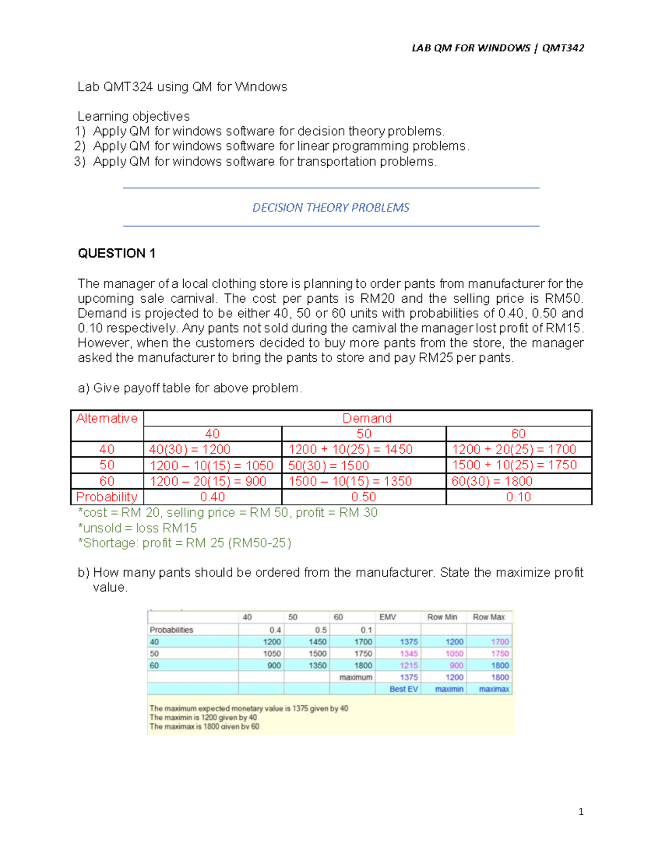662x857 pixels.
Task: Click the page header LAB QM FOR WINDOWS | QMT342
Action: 498,48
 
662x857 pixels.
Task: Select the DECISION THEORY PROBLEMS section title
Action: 330,208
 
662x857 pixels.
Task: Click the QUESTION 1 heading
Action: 116,253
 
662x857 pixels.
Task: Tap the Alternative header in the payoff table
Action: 106,419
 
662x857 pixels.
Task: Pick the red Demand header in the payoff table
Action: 367,419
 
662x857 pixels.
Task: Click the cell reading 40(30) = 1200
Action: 190,449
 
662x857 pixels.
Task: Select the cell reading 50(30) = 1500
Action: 328,465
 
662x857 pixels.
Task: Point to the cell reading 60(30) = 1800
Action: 492,481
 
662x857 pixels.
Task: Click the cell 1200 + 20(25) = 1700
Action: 514,449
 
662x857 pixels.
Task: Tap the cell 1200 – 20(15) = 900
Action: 207,481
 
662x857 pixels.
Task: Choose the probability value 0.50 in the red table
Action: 364,497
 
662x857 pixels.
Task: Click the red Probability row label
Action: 106,497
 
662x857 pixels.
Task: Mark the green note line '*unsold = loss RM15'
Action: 137,528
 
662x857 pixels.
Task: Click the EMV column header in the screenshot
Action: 387,617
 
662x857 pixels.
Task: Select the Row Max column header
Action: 488,617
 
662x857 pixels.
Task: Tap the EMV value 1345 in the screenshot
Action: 408,654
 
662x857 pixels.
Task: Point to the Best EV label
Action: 403,689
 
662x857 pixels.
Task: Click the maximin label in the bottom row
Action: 449,689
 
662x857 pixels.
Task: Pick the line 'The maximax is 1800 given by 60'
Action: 204,727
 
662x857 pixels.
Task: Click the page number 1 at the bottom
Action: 580,811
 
